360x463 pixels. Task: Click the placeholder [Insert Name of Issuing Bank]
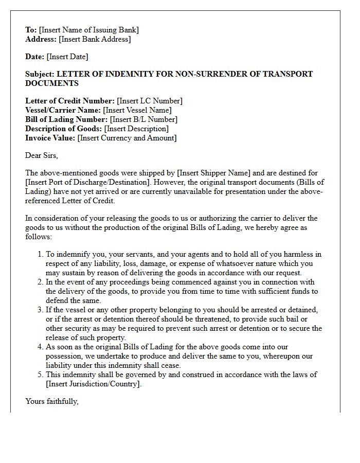point(88,30)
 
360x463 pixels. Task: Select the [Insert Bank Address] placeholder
point(95,39)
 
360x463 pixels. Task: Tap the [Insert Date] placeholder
point(67,57)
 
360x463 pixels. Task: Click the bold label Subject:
point(40,74)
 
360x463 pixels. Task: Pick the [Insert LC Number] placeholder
point(150,101)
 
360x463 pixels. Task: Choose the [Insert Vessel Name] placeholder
point(137,110)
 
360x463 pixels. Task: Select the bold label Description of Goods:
point(64,129)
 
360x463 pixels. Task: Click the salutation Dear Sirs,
point(42,155)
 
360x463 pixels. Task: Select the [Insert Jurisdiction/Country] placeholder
point(93,384)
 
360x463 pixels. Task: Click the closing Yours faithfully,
point(52,401)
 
